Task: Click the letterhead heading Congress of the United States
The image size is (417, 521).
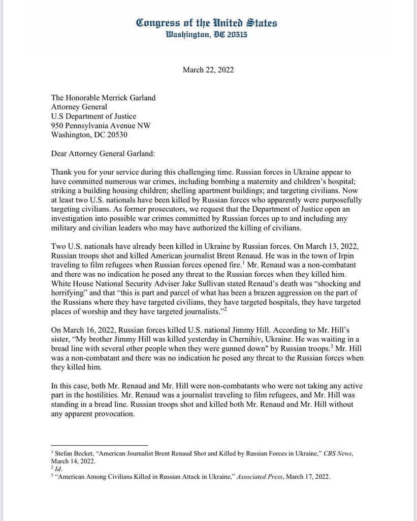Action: coord(207,23)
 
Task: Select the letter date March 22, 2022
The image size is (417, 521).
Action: coord(208,70)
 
